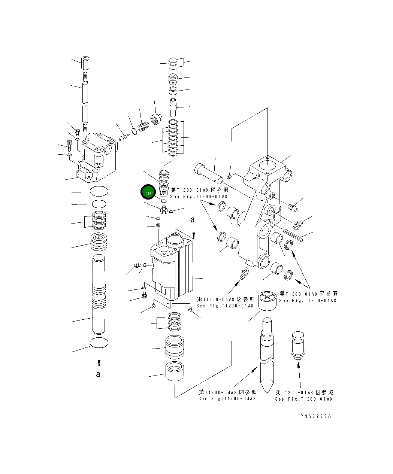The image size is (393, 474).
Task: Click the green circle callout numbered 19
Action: (x=148, y=193)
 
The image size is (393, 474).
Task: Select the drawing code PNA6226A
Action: (x=315, y=416)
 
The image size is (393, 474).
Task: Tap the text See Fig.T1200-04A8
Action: (x=227, y=399)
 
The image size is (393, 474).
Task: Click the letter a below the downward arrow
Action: (x=98, y=374)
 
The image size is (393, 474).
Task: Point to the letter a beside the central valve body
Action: (x=193, y=220)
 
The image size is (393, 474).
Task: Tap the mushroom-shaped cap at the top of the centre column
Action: (x=173, y=63)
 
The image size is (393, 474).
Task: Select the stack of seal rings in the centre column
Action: (x=173, y=138)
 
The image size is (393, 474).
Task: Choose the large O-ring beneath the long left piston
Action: (x=99, y=342)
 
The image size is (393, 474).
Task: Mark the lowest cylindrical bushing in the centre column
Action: (x=174, y=372)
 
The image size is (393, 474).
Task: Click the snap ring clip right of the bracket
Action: (x=298, y=225)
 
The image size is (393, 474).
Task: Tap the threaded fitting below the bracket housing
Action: (x=244, y=274)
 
